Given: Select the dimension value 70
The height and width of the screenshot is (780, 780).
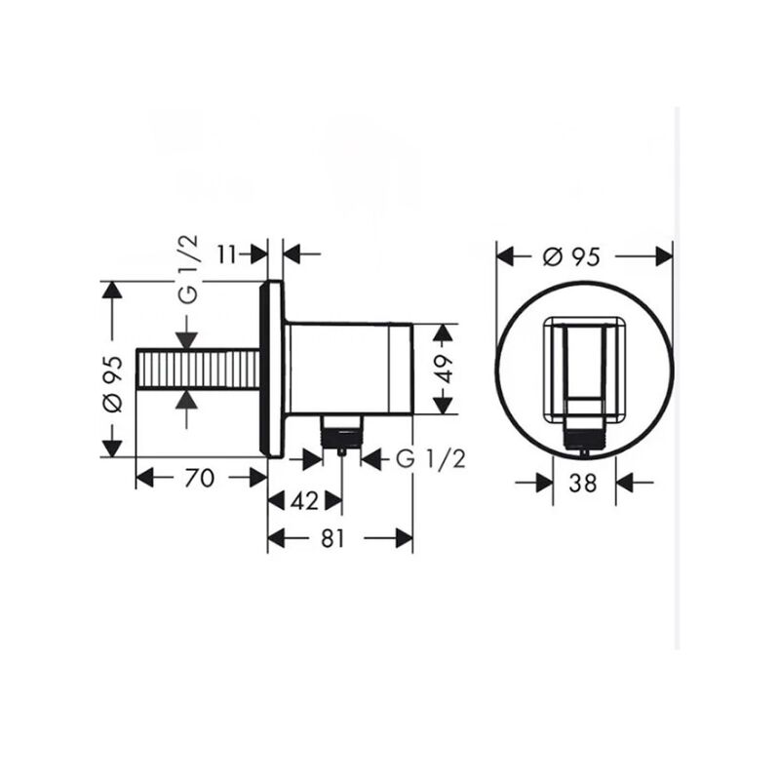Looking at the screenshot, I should [199, 477].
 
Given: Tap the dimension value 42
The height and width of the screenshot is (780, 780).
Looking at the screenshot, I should [305, 501].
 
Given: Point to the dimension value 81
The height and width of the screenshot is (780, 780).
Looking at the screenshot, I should [334, 538].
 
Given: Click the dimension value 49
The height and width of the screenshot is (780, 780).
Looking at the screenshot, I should [444, 371].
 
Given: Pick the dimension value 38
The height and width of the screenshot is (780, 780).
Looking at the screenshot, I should [584, 481].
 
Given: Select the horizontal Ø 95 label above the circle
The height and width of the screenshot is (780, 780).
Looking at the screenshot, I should [569, 255].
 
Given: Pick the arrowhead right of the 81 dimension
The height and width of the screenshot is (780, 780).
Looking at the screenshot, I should [403, 538].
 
